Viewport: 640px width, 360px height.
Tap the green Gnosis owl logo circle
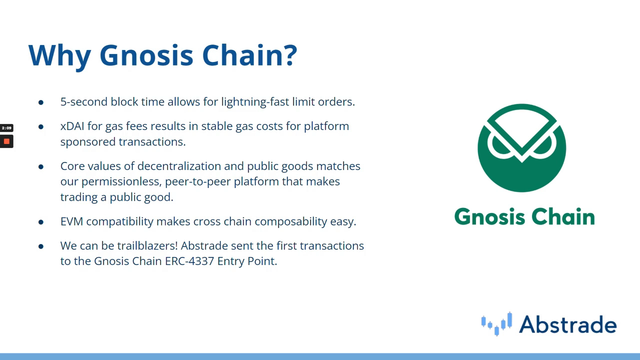(x=521, y=148)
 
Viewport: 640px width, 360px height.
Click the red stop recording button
(x=6, y=141)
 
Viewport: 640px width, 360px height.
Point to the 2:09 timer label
(x=6, y=127)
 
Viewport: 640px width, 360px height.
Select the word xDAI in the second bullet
(x=72, y=126)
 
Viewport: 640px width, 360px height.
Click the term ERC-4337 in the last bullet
(x=189, y=261)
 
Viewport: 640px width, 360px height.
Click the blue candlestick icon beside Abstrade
(x=496, y=324)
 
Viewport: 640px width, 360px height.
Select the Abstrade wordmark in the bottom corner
(x=567, y=324)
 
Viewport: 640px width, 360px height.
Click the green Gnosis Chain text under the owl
(x=524, y=216)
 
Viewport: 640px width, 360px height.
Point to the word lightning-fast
(x=255, y=102)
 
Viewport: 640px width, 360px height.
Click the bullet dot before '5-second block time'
(x=41, y=102)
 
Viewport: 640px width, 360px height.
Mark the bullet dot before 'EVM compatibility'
(x=41, y=222)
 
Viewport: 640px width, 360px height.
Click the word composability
(x=291, y=221)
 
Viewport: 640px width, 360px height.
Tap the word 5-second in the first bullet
(x=83, y=101)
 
